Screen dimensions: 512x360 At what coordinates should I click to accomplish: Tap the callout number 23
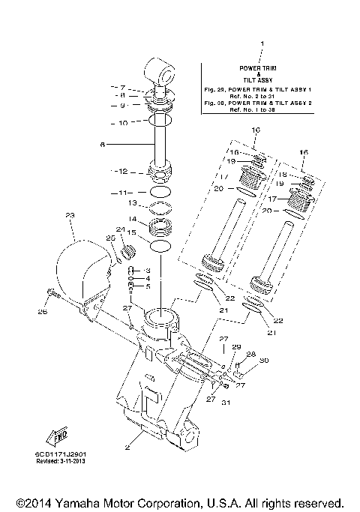(70, 216)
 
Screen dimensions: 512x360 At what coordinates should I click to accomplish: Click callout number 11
(124, 193)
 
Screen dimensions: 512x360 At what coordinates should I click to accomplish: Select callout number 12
(124, 171)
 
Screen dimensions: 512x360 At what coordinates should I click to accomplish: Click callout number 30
(263, 361)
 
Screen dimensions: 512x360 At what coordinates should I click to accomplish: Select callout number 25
(109, 238)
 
